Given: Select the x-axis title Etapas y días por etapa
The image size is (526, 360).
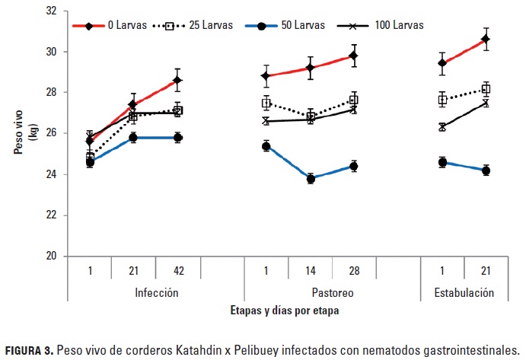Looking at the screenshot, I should coord(285,311).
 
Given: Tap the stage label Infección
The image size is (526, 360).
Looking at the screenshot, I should coord(156,292).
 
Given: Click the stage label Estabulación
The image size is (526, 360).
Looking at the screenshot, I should coord(464,292).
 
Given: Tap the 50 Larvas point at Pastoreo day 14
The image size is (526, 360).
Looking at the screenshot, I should coord(311,179).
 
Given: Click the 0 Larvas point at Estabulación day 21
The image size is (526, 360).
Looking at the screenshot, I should coord(486,39).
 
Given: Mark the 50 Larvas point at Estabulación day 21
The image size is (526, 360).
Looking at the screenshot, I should coord(486,170).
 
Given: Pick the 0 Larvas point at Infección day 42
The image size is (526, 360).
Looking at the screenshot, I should coord(177,80).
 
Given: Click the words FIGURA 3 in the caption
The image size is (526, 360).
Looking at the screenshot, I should coord(30,349).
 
